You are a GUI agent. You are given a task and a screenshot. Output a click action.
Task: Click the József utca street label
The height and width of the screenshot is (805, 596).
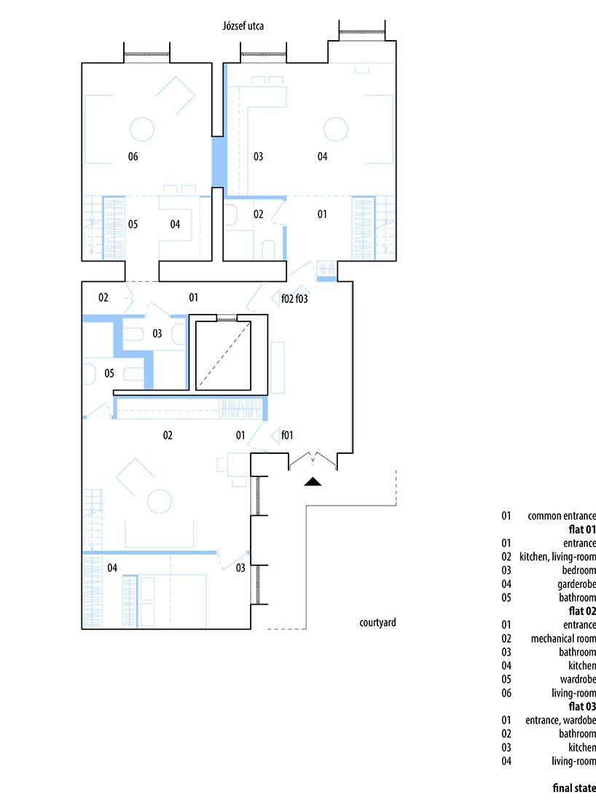pos(243,25)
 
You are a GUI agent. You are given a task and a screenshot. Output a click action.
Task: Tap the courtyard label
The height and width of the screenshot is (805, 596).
pos(377,623)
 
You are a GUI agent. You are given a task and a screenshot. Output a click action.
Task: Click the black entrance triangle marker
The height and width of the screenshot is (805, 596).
pos(313,482)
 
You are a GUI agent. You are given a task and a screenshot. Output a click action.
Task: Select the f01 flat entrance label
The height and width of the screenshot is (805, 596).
pos(287,436)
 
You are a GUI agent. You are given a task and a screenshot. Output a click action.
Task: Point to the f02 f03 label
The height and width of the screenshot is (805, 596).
pos(294,298)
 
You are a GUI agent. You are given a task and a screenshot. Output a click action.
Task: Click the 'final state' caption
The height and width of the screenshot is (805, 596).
pos(574,788)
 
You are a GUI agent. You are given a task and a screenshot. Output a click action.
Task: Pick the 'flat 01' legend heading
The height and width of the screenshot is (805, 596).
pos(582,530)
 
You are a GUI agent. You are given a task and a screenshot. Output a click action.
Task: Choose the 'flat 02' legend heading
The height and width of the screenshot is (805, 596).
pos(582,611)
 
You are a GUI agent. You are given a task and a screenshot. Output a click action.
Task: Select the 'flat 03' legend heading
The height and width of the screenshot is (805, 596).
pos(582,707)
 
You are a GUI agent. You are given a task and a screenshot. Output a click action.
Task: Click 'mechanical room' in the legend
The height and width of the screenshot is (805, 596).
pos(563,639)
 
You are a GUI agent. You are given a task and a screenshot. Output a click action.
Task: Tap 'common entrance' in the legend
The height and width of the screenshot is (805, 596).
pos(562,516)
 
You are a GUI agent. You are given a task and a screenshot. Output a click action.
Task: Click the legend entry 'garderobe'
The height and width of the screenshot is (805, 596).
pos(576,584)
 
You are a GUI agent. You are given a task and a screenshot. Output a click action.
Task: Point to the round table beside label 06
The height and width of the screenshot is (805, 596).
pos(142,130)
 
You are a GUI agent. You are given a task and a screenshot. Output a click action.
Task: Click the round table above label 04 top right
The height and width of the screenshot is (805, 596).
pos(336,130)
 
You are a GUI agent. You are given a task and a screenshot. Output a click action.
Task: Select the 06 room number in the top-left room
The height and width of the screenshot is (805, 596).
pos(133,157)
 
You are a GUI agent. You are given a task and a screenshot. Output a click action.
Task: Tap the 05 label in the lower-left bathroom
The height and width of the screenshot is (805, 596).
pos(109,373)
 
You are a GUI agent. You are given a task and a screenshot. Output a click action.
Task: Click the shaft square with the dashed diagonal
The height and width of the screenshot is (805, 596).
pos(223,356)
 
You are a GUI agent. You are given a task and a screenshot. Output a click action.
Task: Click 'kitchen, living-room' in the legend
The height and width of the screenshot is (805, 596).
pos(557,557)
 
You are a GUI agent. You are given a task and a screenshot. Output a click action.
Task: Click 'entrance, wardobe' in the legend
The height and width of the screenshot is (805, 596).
pos(560,720)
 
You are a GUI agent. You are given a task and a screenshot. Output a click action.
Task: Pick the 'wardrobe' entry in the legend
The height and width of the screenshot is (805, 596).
pos(578,679)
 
